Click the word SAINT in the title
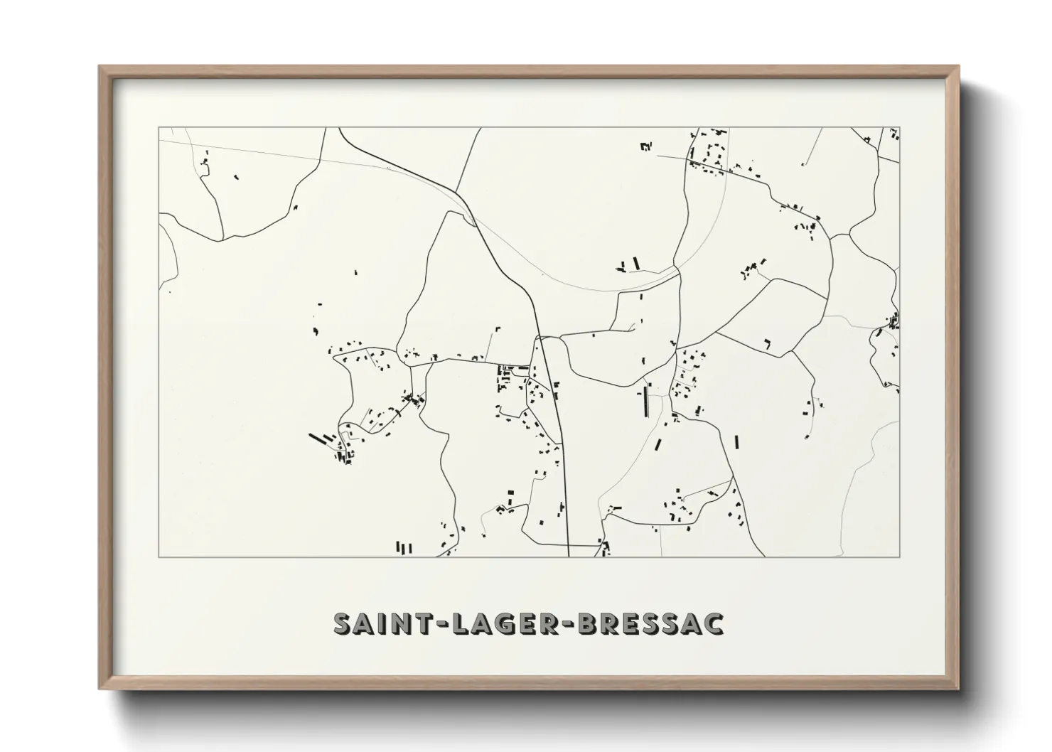[x=375, y=623]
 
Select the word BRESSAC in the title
[x=652, y=623]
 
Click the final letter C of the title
[x=713, y=623]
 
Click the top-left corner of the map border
[x=159, y=128]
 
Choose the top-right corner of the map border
[x=900, y=128]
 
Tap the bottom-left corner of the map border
[x=159, y=557]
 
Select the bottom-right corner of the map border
[x=900, y=557]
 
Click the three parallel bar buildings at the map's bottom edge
[x=404, y=547]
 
